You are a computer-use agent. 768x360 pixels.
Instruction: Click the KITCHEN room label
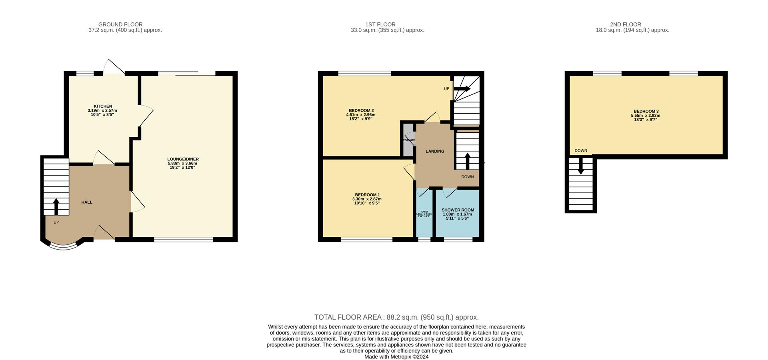coord(103,106)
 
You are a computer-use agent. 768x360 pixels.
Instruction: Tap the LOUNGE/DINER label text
coord(183,159)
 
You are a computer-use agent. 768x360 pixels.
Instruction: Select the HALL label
coord(87,202)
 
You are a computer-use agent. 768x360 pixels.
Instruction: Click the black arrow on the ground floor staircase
coord(56,206)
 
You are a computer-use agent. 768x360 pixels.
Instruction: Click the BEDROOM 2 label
coord(361,111)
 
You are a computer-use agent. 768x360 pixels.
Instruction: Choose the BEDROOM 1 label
coord(367,195)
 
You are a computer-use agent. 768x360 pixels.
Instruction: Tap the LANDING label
coord(435,151)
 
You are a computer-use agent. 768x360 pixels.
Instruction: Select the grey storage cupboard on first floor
coord(408,140)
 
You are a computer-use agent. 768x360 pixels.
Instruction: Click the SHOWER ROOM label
coord(458,210)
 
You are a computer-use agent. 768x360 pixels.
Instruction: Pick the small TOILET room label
coord(424,212)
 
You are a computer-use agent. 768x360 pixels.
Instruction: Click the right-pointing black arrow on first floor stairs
coord(462,89)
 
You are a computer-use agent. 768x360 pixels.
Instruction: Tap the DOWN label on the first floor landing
coord(467,177)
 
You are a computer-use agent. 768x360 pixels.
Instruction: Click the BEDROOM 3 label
coord(646,112)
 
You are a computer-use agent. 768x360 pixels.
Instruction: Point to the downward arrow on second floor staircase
coord(581,166)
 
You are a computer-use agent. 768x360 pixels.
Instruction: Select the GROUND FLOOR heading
coord(120,24)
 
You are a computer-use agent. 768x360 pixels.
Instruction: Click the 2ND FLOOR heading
coord(625,24)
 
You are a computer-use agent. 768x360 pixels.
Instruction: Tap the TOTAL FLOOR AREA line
coord(396,317)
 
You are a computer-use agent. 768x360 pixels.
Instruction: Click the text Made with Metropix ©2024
coord(396,357)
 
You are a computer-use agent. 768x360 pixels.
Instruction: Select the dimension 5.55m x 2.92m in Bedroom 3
coord(646,116)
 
